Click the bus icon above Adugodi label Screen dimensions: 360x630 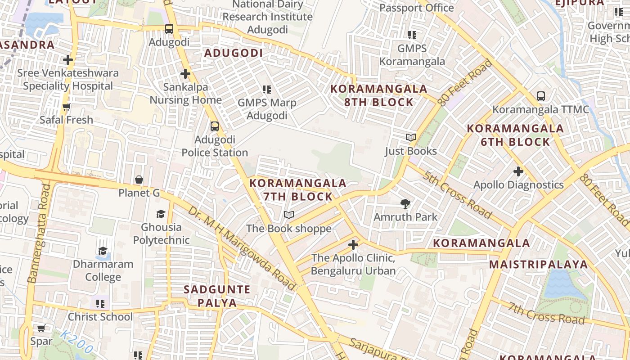click(169, 29)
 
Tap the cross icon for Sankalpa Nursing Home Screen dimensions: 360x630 click(185, 74)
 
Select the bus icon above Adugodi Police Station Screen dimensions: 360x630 click(215, 126)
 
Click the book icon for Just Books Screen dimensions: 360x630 click(410, 137)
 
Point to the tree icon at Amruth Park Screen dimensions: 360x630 click(405, 204)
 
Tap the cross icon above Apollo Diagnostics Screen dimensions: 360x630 click(518, 171)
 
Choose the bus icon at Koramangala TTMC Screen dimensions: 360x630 click(540, 96)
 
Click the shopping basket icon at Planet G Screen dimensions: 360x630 click(139, 180)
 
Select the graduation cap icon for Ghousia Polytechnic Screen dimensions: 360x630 click(161, 214)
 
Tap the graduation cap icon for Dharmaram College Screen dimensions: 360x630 click(103, 251)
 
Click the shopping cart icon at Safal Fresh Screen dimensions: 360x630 click(67, 107)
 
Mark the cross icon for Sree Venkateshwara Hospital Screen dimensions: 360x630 click(68, 59)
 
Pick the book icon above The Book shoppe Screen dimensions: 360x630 click(288, 215)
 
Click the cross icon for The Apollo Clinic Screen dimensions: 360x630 click(353, 245)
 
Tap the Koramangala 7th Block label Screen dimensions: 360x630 click(297, 189)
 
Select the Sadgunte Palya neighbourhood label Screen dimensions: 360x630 click(217, 296)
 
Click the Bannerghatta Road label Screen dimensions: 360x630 click(39, 233)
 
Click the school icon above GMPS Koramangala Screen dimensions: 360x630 click(412, 35)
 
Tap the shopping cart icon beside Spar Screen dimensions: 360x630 click(41, 328)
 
